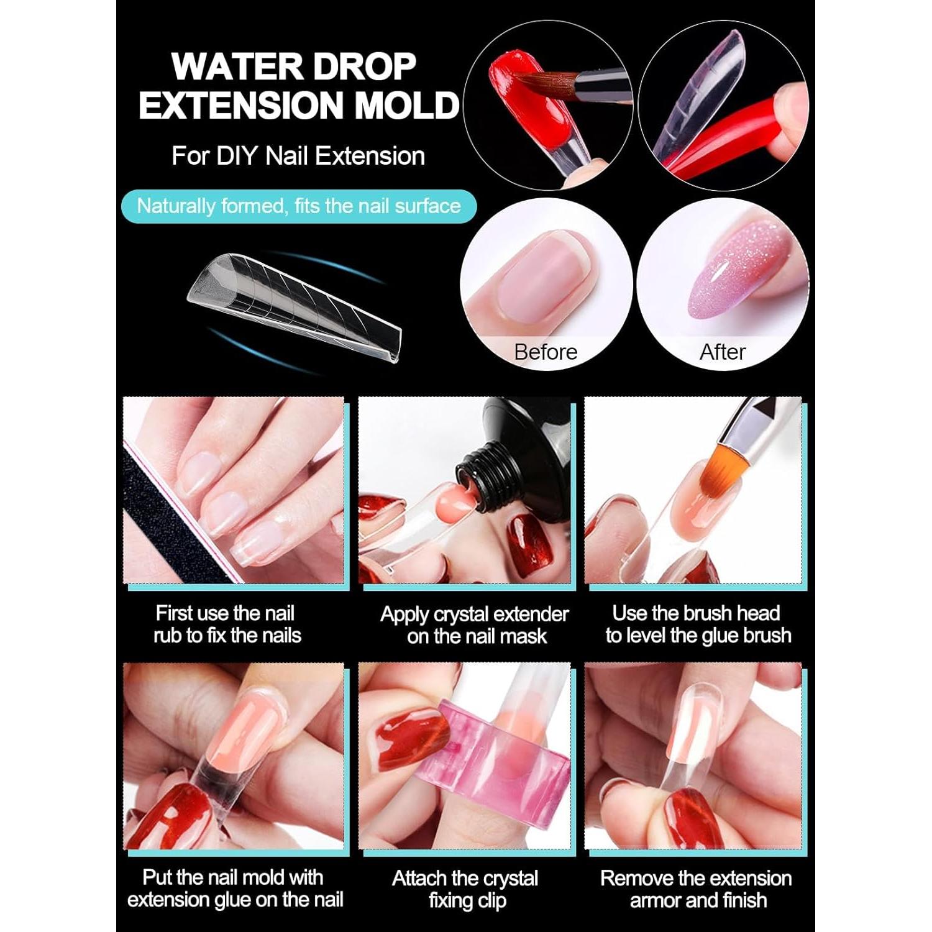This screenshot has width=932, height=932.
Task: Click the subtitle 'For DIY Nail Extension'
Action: click(298, 156)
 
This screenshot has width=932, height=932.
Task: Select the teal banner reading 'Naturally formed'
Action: click(299, 206)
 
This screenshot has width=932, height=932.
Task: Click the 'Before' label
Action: click(546, 352)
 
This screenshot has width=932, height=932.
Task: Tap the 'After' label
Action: click(722, 352)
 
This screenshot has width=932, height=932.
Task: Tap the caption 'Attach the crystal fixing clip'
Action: click(465, 889)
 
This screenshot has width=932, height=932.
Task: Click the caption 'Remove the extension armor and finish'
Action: click(696, 889)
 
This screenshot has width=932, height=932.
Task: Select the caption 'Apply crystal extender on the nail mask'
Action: click(475, 625)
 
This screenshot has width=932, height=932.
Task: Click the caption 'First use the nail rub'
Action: click(227, 624)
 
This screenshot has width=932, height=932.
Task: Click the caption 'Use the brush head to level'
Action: click(698, 624)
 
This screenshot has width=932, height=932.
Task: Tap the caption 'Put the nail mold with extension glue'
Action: click(235, 889)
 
